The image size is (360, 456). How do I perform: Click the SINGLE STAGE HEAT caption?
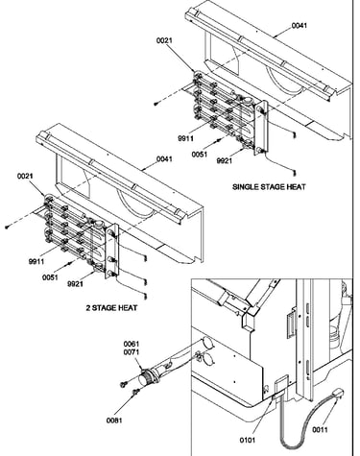point(269,186)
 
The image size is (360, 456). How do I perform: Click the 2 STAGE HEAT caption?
point(111,308)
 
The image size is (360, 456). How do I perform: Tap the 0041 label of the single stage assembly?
point(300,26)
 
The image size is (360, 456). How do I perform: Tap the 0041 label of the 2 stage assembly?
point(164,158)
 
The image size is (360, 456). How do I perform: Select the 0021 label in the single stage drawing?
point(164,40)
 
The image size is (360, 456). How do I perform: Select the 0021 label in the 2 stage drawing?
point(25,176)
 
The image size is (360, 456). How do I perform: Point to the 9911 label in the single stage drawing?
point(185,138)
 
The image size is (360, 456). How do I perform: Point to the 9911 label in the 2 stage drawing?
point(36,261)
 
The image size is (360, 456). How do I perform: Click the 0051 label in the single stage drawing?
point(200,155)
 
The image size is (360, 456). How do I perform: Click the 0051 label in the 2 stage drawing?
point(50,277)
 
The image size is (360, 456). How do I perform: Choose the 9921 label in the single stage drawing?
point(224,160)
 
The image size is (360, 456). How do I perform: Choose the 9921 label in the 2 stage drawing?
point(75,283)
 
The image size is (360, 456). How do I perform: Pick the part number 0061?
point(132,344)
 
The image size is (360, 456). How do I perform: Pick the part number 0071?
point(132,351)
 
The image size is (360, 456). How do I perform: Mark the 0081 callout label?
point(114,420)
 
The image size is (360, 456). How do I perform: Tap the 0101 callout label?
point(248,440)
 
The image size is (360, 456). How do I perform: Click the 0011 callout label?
point(320,430)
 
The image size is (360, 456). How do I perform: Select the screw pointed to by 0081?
point(136,391)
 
